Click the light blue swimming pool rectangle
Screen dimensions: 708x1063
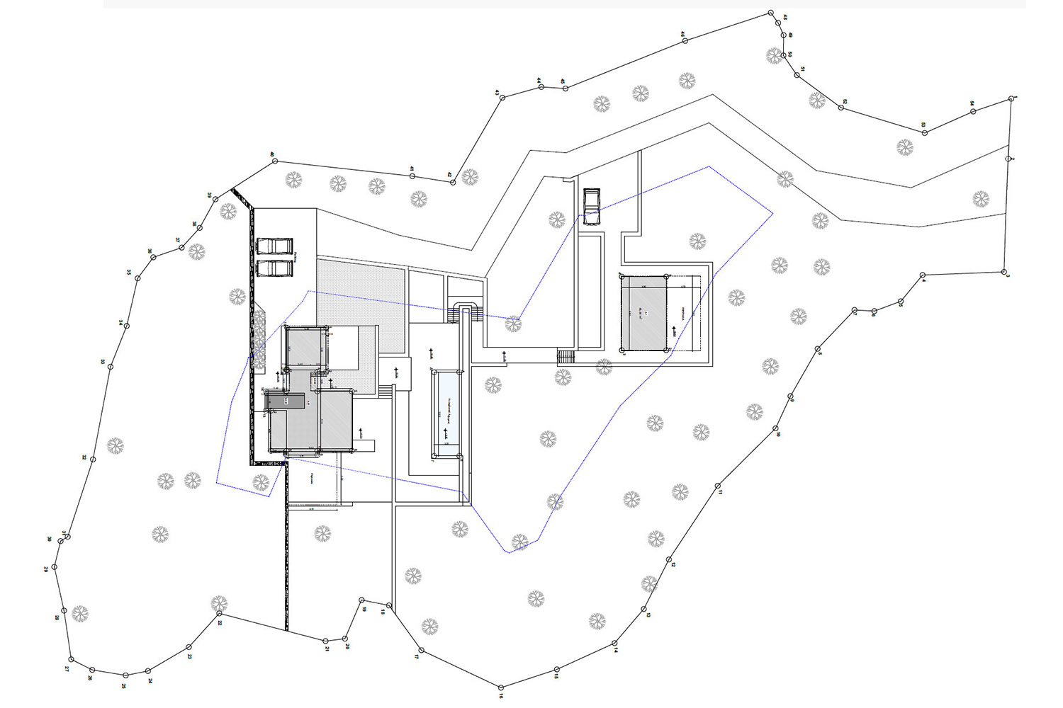[x=447, y=413]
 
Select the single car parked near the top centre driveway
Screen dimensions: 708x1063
[x=591, y=206]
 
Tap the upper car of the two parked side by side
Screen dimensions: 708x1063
[x=274, y=246]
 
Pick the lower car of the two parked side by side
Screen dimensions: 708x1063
[x=274, y=269]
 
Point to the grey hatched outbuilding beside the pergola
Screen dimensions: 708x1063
[x=643, y=313]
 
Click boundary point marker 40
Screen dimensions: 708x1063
[x=275, y=161]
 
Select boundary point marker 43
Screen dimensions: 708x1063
[x=502, y=98]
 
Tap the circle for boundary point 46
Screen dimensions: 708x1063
[x=685, y=41]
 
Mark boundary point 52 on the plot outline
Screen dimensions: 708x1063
[x=842, y=107]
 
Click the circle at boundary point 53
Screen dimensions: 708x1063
[x=925, y=132]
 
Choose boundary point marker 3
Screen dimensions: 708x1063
[x=1004, y=271]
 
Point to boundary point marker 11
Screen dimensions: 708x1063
[x=718, y=486]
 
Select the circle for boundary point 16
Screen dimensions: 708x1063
[x=501, y=687]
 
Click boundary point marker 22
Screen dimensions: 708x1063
[x=218, y=614]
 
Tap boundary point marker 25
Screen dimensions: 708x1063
[x=125, y=675]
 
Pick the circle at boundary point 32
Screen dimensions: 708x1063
[x=93, y=459]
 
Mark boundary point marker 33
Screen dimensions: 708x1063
[x=111, y=366]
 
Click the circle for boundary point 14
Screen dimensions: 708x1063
[x=615, y=644]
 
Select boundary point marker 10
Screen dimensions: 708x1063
[x=776, y=428]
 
